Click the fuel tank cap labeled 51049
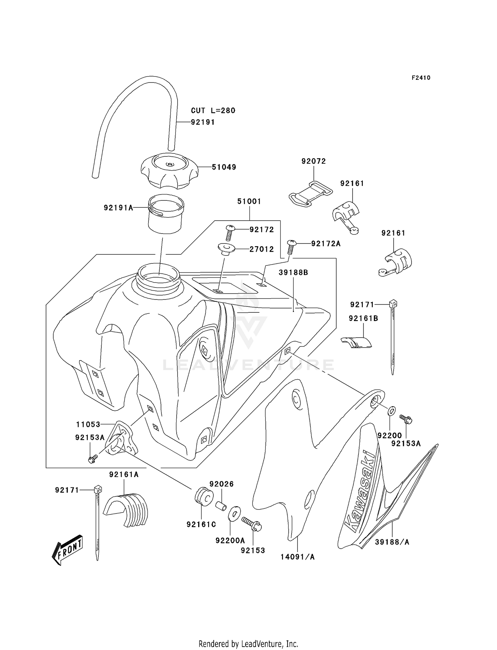(x=169, y=171)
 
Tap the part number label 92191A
(x=118, y=208)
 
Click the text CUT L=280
(x=213, y=111)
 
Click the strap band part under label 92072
(x=310, y=193)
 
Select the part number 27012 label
(x=261, y=249)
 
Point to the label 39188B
(x=293, y=272)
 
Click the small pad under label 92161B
(x=357, y=342)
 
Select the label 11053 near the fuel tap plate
(x=88, y=424)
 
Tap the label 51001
(x=249, y=201)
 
